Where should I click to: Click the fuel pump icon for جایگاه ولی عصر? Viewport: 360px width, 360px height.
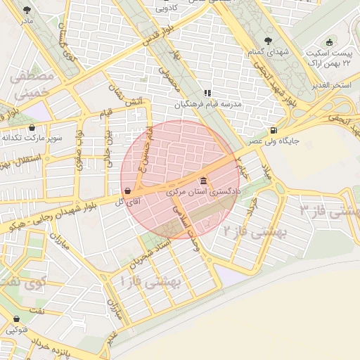[273, 129]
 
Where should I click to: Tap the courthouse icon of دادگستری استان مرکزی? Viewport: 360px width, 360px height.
[203, 180]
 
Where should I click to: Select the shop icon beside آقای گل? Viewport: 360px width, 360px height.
[127, 191]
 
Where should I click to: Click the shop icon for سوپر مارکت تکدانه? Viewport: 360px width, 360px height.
[32, 127]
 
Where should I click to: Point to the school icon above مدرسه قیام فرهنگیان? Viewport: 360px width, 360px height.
[207, 93]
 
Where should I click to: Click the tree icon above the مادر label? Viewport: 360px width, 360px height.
[27, 10]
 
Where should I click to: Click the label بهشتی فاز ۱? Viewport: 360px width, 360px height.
[151, 282]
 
